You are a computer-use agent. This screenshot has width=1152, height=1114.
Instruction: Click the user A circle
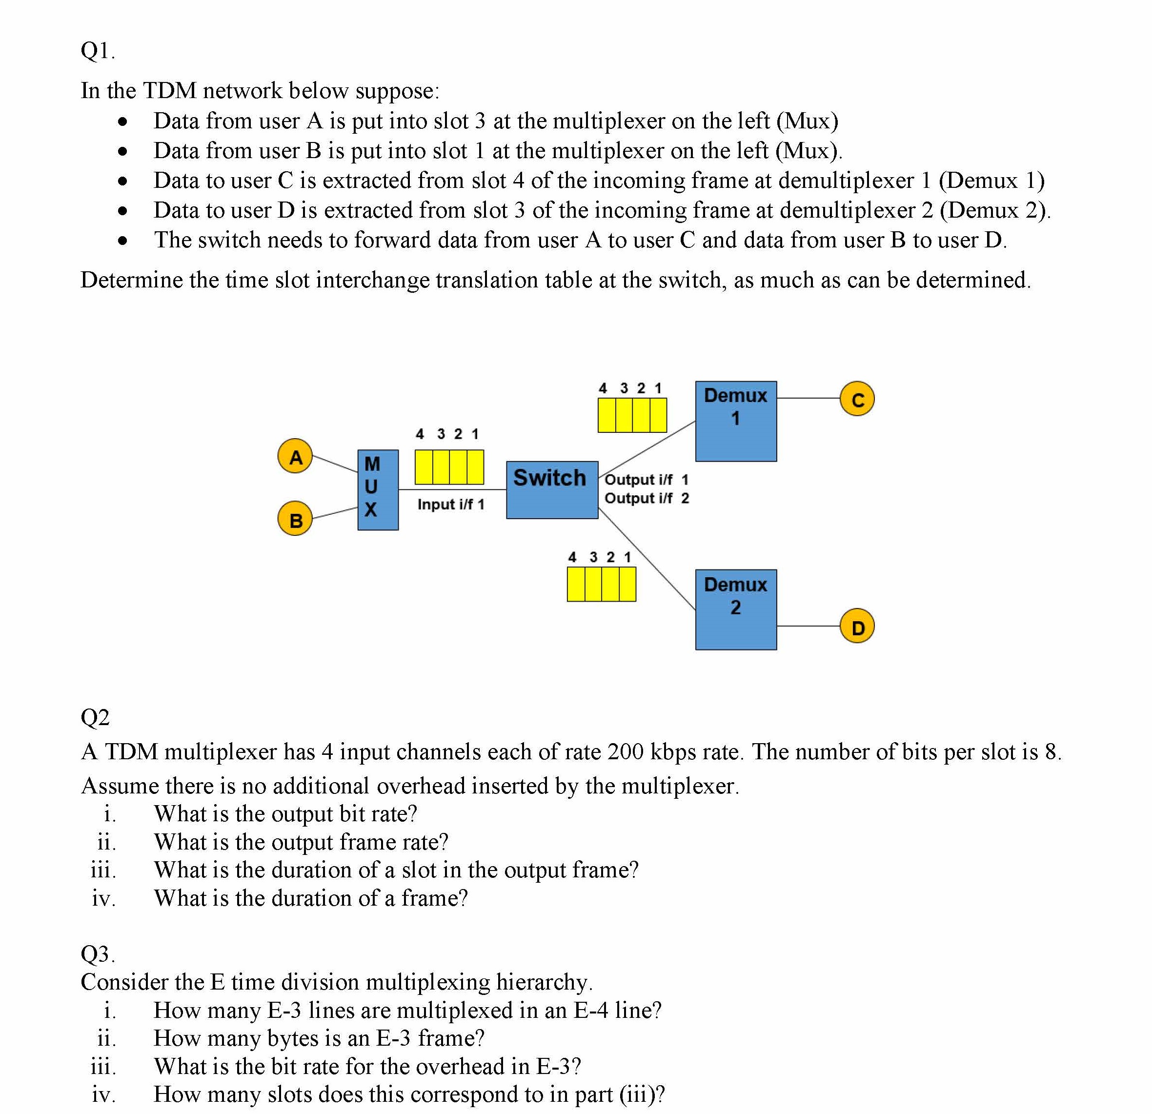point(295,456)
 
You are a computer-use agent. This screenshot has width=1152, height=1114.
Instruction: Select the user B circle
point(295,519)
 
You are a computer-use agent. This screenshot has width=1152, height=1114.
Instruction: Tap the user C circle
point(857,399)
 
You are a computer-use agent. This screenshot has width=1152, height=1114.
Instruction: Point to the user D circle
point(857,627)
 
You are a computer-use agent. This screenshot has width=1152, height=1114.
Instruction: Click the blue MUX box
point(378,490)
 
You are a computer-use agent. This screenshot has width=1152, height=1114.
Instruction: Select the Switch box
point(552,490)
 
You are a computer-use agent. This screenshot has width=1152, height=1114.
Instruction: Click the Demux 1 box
point(736,421)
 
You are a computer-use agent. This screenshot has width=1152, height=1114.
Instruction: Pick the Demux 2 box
point(736,609)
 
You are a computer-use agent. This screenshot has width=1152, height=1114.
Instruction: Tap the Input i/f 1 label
point(451,505)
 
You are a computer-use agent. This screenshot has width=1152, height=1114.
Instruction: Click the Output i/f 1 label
point(646,480)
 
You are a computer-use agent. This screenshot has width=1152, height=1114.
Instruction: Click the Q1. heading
point(98,51)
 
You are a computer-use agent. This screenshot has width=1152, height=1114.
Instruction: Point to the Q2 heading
point(95,717)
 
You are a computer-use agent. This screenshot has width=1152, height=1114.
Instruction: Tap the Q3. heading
point(98,953)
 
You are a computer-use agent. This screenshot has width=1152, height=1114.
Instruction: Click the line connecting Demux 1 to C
point(808,399)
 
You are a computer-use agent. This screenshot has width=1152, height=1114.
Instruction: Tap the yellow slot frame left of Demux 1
point(632,415)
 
